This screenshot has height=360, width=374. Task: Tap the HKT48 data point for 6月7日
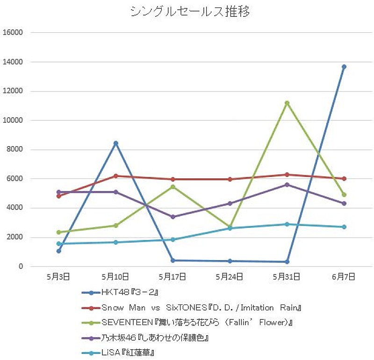(x=344, y=67)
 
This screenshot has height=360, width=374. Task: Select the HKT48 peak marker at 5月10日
(x=116, y=143)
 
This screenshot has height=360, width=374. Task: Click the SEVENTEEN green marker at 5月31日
(x=287, y=103)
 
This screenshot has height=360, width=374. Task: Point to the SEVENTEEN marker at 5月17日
(x=173, y=187)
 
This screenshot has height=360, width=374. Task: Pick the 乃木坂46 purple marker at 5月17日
(x=173, y=217)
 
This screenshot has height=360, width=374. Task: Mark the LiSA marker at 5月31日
(x=287, y=224)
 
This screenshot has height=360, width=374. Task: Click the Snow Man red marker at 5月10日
(x=116, y=176)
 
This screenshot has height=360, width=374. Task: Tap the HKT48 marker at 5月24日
(x=230, y=261)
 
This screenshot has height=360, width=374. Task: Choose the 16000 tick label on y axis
(x=13, y=33)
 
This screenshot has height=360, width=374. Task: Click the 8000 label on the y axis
(x=15, y=150)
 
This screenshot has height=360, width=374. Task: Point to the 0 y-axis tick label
(x=21, y=267)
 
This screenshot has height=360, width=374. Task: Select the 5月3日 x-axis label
(x=58, y=277)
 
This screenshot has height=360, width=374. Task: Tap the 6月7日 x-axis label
(x=344, y=277)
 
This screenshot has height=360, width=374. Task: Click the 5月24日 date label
(x=230, y=277)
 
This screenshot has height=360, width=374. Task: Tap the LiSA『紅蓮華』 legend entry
(x=128, y=352)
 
